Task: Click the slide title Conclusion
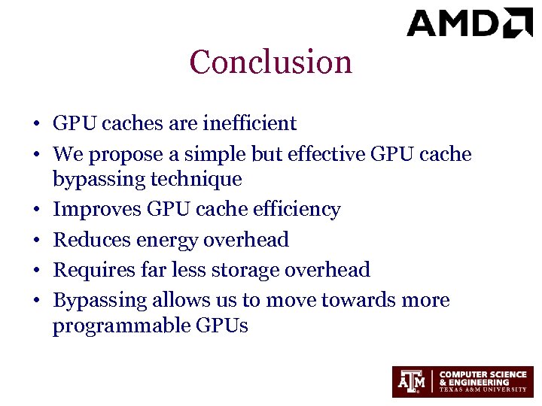[x=271, y=62]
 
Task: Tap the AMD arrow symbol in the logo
[x=519, y=23]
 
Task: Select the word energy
[x=166, y=240]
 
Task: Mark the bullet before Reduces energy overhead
[x=36, y=241]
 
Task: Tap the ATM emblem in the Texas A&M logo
[x=410, y=382]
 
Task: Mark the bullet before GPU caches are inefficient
[x=36, y=124]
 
